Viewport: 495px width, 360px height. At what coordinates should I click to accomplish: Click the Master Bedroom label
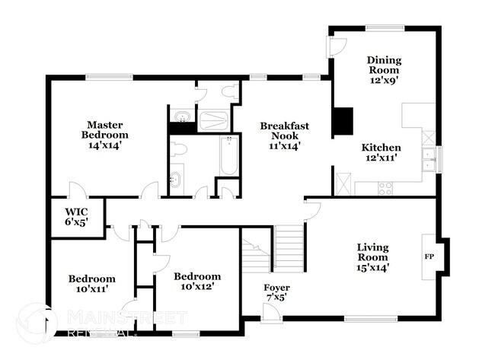tap(104, 134)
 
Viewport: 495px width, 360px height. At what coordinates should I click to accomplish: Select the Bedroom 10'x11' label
tap(91, 283)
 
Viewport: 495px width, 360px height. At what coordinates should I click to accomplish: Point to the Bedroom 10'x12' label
tap(196, 281)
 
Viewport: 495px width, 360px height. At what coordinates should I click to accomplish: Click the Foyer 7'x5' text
tap(276, 292)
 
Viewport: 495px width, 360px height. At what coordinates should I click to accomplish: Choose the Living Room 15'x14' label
tap(373, 257)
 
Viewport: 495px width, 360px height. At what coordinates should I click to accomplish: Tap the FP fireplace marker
tap(429, 256)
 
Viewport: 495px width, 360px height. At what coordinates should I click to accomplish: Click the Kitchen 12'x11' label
tap(381, 153)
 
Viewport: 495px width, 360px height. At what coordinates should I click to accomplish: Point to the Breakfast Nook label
tap(283, 135)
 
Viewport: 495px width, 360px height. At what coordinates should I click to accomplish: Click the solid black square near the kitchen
tap(343, 121)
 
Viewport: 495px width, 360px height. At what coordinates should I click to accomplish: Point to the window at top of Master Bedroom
tap(100, 76)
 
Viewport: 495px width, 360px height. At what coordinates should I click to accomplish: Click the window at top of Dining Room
tap(385, 29)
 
